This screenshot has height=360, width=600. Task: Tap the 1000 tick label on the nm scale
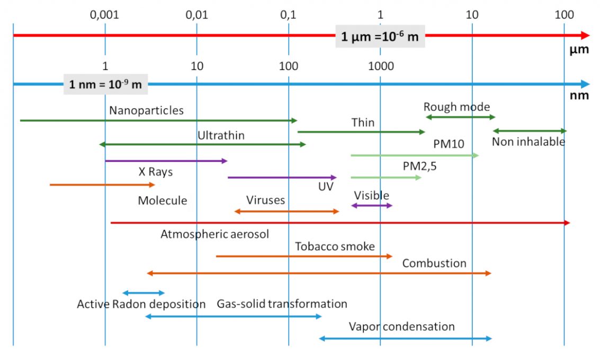[x=380, y=67]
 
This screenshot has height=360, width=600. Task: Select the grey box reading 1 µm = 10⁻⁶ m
[x=380, y=37]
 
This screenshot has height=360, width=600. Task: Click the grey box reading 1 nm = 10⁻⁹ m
[x=105, y=84]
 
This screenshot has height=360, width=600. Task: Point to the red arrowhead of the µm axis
[x=585, y=35]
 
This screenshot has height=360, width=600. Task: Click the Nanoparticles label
[x=146, y=111]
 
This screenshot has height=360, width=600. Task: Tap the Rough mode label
[x=457, y=107]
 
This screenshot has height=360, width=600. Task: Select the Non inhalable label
[x=528, y=142]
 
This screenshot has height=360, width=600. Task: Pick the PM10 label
[x=448, y=145]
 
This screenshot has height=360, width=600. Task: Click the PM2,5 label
[x=419, y=166]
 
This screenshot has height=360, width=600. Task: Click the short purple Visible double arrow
[x=372, y=205]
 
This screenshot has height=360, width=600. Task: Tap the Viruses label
[x=265, y=200]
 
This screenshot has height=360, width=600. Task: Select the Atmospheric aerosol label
[x=214, y=234]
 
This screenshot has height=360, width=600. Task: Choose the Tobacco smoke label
[x=335, y=246]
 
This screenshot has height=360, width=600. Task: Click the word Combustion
[x=434, y=263]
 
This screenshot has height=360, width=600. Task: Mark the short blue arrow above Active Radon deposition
[x=144, y=293]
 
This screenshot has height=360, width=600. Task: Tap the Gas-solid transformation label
[x=282, y=304]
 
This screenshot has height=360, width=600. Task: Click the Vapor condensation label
[x=401, y=327]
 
